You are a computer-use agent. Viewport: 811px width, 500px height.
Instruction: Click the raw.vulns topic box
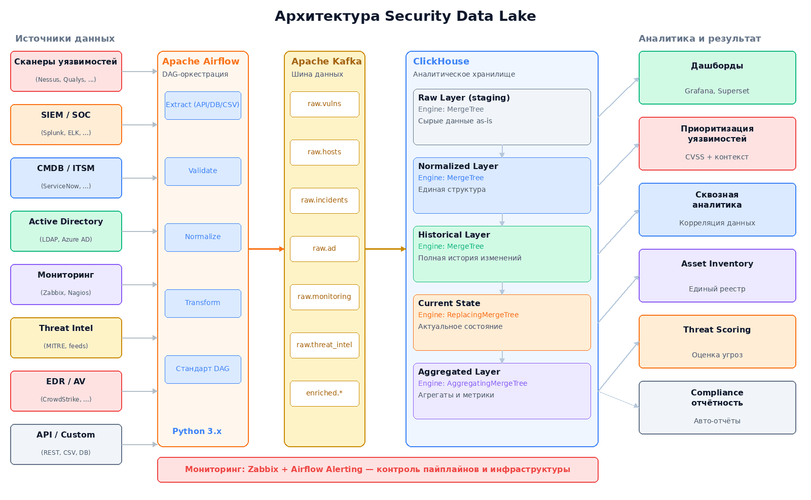tap(324, 104)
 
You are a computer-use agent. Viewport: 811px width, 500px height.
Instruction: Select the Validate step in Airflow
tap(203, 171)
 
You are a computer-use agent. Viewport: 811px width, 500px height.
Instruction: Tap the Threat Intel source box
tap(66, 338)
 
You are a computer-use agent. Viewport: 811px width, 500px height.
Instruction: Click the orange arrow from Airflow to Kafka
tap(266, 249)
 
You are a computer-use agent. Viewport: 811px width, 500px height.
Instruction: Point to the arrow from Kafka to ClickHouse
tap(385, 249)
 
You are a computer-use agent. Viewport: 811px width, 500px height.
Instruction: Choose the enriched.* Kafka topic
tap(324, 393)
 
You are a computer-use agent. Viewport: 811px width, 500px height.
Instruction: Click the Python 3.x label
tap(197, 431)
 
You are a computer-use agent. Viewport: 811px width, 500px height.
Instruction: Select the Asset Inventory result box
tap(717, 276)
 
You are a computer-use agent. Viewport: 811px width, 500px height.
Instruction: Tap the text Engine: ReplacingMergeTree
tap(468, 315)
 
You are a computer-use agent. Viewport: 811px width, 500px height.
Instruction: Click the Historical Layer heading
tap(454, 235)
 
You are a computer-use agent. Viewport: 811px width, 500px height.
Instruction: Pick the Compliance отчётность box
tap(717, 407)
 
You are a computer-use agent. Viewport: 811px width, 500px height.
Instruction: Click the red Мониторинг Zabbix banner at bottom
tap(378, 470)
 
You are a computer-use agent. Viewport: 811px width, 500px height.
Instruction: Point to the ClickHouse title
tap(441, 61)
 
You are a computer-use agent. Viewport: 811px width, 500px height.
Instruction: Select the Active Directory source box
tap(66, 231)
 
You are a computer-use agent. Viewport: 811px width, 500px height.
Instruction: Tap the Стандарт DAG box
tap(203, 369)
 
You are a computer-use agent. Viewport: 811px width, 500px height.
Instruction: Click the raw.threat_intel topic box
tap(324, 345)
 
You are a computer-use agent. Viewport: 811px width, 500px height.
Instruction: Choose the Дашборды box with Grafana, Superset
tap(717, 78)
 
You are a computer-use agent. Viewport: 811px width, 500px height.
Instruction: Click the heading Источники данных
tap(65, 39)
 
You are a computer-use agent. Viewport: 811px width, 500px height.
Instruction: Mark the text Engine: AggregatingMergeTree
tap(472, 383)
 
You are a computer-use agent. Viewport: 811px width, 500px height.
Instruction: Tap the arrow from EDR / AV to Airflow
tap(139, 391)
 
